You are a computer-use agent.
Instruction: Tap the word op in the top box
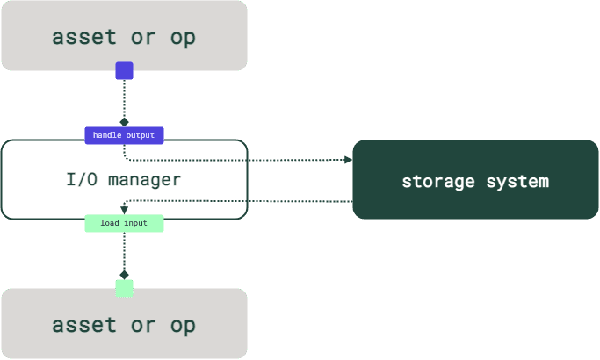point(183,37)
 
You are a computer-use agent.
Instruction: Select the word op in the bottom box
point(183,325)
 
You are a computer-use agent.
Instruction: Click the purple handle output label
point(124,135)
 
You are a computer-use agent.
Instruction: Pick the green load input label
point(124,223)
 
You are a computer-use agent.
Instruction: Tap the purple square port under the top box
point(124,71)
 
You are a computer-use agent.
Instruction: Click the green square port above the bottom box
point(124,287)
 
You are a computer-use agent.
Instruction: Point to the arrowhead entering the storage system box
point(348,160)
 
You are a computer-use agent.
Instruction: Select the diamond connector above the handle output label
point(124,122)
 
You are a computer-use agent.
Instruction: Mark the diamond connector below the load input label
point(124,274)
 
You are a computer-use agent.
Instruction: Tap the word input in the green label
point(135,223)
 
